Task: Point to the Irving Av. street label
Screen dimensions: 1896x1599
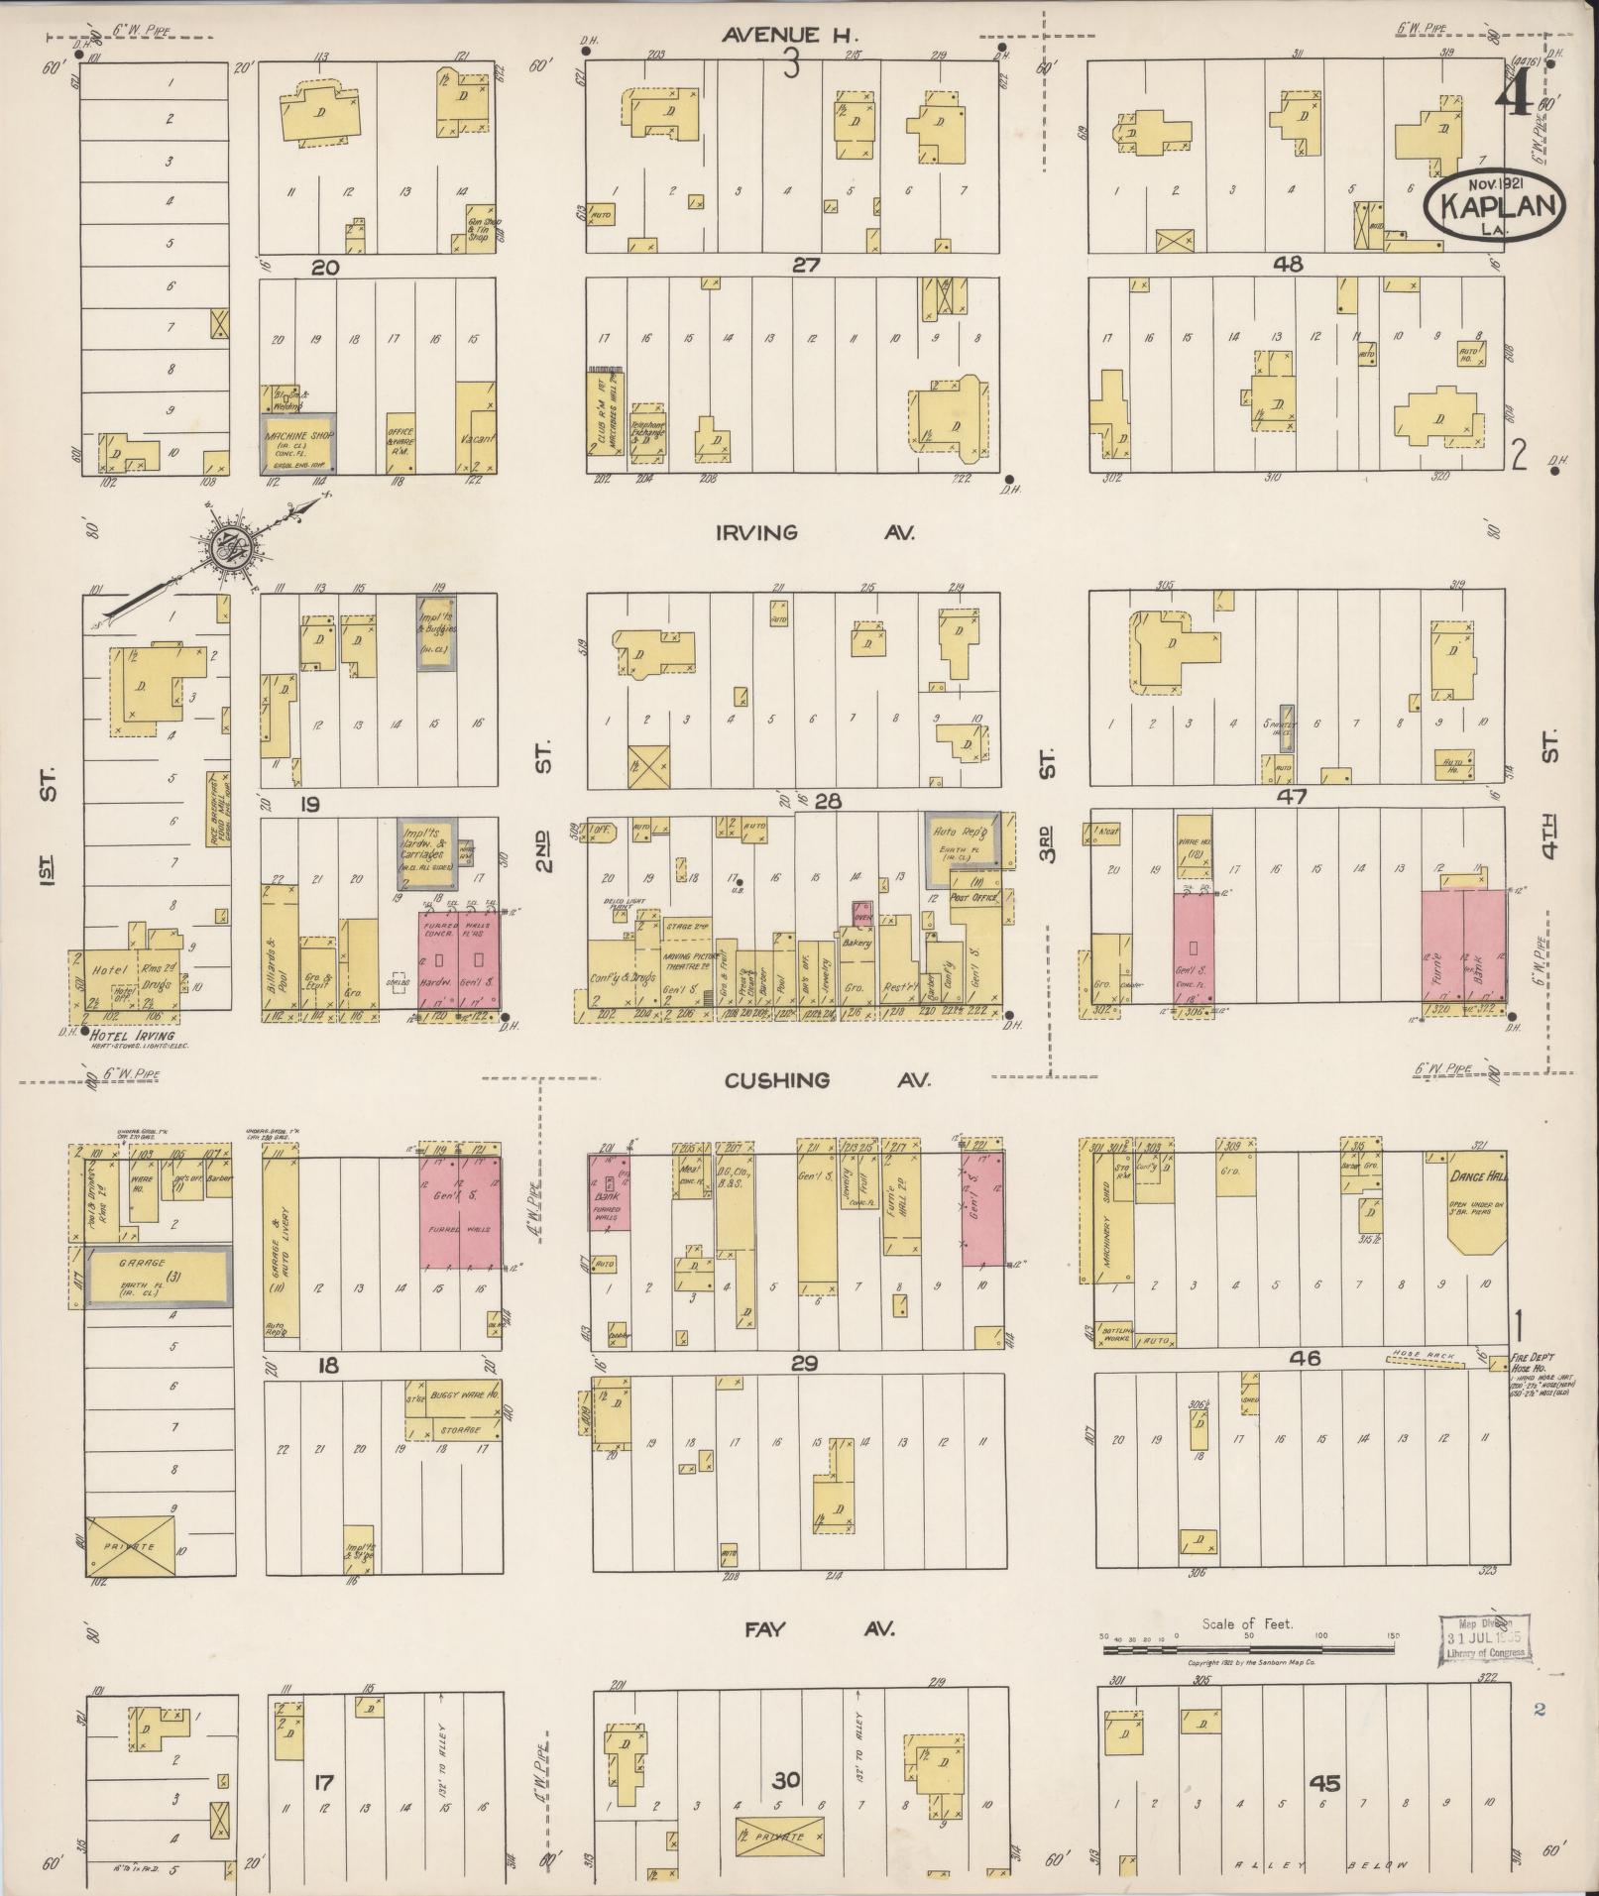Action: click(814, 532)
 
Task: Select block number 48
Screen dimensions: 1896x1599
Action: click(1289, 265)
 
